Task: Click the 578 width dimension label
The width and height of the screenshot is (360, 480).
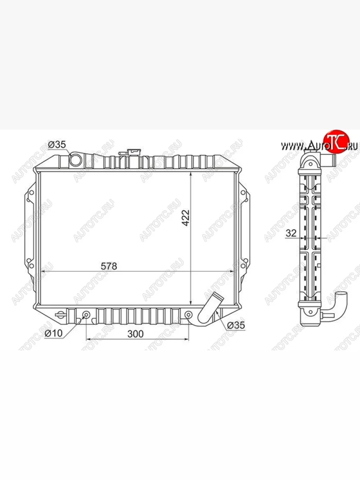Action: tap(109, 266)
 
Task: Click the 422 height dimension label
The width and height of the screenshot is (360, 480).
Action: tap(186, 218)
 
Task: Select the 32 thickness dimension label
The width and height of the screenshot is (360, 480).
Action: tap(291, 233)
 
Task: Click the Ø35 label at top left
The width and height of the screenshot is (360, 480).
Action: tap(57, 144)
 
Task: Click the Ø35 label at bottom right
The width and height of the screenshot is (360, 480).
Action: tap(236, 326)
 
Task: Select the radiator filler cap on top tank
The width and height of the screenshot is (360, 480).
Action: tap(130, 152)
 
